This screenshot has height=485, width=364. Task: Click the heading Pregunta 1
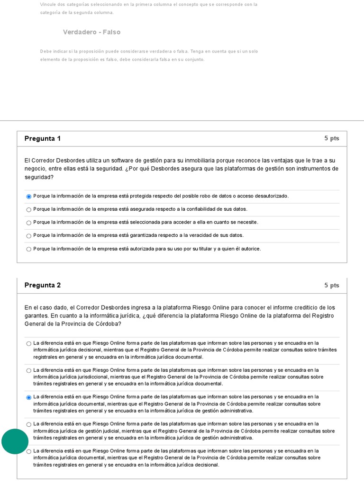pos(43,139)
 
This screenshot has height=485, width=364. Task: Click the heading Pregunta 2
pos(43,286)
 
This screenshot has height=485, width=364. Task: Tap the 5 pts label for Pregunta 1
pos(332,138)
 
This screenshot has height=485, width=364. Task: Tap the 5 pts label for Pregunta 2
pos(332,286)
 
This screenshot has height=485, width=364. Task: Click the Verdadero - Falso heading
pos(91,32)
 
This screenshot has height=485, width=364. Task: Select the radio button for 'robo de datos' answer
pos(29,197)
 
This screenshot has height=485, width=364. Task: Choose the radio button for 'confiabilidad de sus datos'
pos(29,210)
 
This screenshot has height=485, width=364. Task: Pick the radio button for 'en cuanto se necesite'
pos(29,223)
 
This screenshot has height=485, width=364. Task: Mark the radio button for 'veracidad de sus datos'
pos(29,236)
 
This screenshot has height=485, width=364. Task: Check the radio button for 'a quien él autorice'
pos(29,249)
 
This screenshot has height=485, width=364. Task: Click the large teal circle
pos(15,441)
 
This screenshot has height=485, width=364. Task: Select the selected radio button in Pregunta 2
pos(29,397)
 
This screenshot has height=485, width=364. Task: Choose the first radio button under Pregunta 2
pos(29,343)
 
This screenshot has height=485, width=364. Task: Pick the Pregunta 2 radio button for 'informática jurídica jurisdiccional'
pos(29,370)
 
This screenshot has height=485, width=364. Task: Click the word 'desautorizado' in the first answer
pos(271,196)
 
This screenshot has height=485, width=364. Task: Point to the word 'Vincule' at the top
pos(47,4)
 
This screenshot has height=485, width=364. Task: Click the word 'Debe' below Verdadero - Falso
pos(46,51)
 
